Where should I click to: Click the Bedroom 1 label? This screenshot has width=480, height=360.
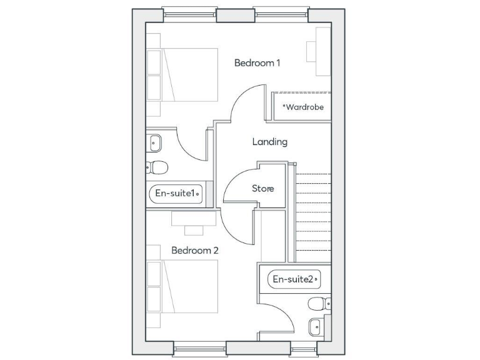(257, 62)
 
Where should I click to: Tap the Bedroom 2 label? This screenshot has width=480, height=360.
(194, 250)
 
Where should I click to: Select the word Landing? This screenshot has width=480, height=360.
(269, 142)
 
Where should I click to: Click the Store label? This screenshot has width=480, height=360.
(262, 188)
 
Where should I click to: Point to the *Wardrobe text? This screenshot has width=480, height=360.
(303, 107)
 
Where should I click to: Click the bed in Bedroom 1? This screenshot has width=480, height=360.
(182, 74)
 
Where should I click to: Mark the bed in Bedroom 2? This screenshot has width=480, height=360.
(182, 286)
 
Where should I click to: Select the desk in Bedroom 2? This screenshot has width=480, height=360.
(194, 218)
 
